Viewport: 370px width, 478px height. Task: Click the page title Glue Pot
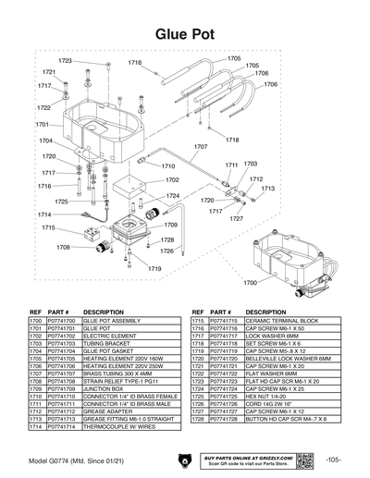pyautogui.click(x=185, y=33)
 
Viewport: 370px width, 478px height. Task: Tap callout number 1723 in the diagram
pyautogui.click(x=65, y=61)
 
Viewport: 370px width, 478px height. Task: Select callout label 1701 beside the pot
pyautogui.click(x=43, y=124)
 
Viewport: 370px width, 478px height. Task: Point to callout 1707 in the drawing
pyautogui.click(x=200, y=146)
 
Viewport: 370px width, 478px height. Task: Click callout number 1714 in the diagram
pyautogui.click(x=44, y=214)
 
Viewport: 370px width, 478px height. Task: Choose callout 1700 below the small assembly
pyautogui.click(x=251, y=281)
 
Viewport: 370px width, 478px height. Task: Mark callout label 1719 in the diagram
pyautogui.click(x=154, y=268)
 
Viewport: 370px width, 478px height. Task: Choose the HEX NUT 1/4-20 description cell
pyautogui.click(x=262, y=397)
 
